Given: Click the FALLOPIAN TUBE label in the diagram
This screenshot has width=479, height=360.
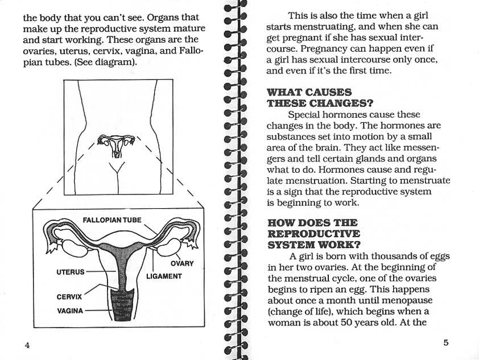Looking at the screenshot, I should [112, 220].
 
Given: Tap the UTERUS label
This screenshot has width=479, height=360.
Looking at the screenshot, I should [70, 272].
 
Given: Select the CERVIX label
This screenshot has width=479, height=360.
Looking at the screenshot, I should [69, 296].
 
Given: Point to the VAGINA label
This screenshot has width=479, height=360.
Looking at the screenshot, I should [70, 311].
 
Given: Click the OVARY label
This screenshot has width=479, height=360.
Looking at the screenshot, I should [182, 263].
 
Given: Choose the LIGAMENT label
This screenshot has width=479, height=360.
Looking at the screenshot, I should [164, 276].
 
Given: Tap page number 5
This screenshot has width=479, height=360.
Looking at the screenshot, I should [446, 342].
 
